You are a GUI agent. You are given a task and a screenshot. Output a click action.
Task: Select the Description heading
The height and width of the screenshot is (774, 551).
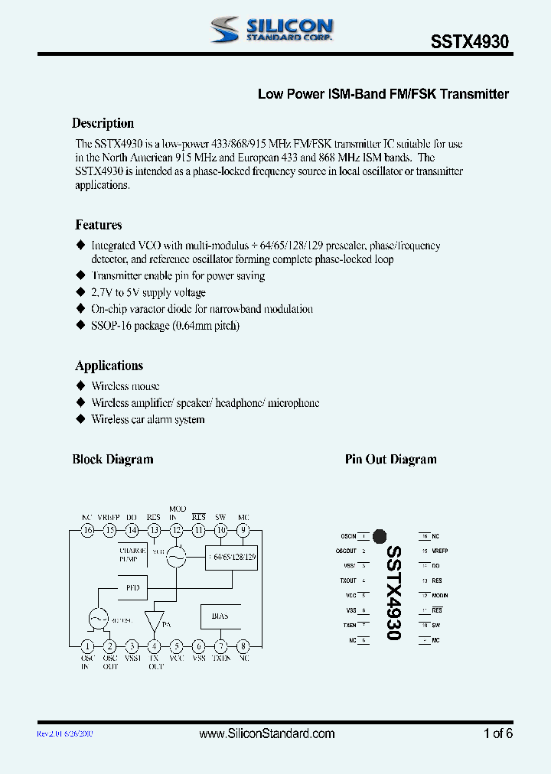point(103,123)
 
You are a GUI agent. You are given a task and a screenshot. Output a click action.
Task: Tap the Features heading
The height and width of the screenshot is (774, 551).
point(98,225)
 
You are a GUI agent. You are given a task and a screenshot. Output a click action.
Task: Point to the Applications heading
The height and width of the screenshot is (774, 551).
point(109,366)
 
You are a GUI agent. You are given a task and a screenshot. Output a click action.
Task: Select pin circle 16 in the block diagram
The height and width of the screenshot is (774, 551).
point(88,530)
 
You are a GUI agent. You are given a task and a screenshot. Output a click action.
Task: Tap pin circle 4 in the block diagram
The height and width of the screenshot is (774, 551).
point(155,646)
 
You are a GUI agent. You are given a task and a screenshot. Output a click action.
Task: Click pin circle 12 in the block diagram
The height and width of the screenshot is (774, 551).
point(177,530)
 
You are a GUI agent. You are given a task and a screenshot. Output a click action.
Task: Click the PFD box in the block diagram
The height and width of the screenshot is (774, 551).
point(132,587)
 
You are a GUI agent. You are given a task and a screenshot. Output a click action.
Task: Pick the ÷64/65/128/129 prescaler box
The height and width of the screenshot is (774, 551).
point(232,558)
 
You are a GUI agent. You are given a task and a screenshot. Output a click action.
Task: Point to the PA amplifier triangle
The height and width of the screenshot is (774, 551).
point(155,620)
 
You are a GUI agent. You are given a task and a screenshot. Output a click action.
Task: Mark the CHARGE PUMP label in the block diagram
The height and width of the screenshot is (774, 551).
point(128,555)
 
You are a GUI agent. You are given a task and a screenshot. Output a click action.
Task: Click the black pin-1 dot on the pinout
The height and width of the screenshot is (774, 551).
point(379,537)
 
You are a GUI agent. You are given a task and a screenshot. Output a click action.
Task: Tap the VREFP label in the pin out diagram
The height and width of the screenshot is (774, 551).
point(439,551)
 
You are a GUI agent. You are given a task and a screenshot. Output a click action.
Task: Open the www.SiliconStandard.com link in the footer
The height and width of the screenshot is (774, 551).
point(266,733)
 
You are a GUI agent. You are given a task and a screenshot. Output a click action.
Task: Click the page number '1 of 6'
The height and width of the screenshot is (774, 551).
point(498,733)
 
